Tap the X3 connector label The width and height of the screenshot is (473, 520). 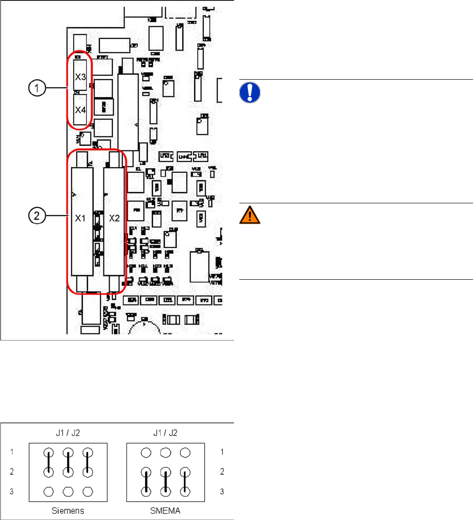80,76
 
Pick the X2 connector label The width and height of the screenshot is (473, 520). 115,218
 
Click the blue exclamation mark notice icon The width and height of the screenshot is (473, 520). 250,93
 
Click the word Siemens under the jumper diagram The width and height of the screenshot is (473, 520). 68,508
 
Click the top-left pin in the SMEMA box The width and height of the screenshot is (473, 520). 147,453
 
